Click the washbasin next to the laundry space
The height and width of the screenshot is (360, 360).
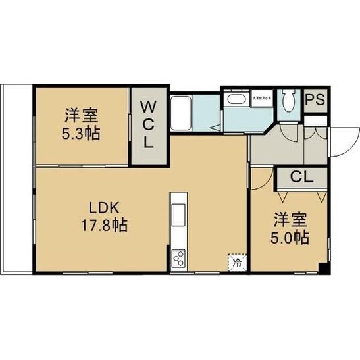pyautogui.click(x=234, y=100)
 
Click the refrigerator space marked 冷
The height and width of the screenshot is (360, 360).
pyautogui.click(x=237, y=261)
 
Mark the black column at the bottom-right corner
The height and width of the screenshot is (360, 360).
pyautogui.click(x=322, y=268)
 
